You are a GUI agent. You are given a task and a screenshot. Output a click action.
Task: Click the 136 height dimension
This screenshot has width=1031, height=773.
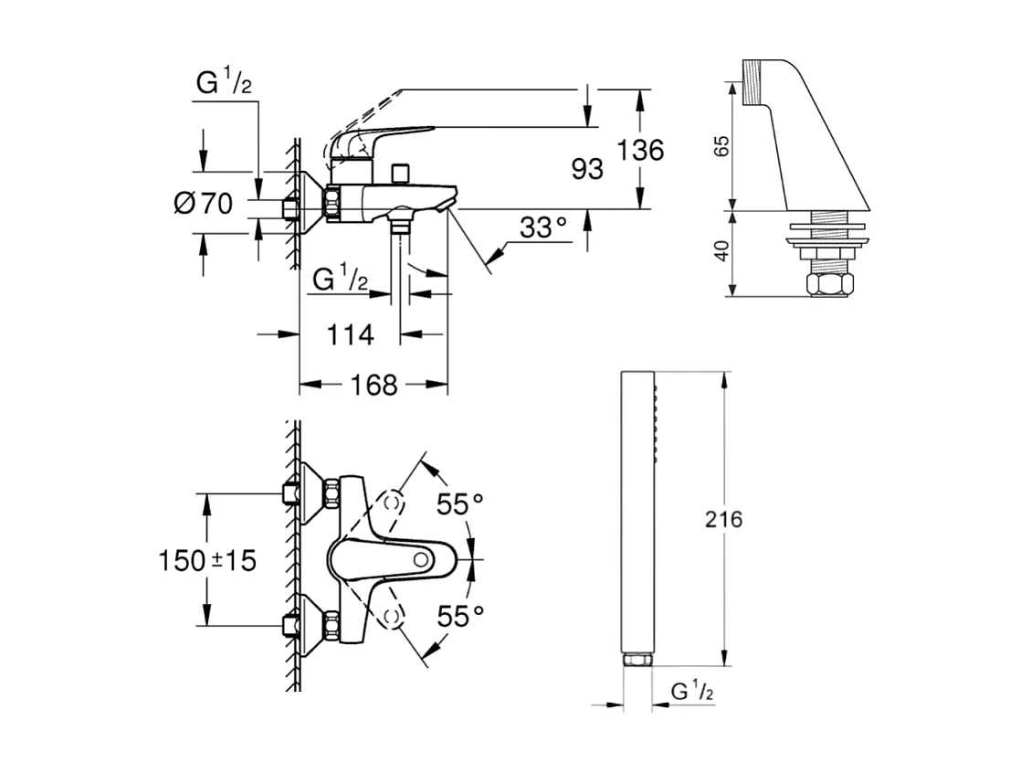639,149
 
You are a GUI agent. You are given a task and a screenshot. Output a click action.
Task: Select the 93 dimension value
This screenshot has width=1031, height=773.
584,168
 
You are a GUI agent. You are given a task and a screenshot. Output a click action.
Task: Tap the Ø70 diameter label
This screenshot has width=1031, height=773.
203,203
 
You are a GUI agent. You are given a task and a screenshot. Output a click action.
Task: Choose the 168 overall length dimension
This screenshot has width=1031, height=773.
373,386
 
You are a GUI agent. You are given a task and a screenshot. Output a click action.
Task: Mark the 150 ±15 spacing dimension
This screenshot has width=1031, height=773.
207,560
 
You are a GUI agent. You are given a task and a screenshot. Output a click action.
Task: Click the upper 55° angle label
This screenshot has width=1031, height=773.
459,503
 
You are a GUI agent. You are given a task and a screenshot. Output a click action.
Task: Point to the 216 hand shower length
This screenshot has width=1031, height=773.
724,520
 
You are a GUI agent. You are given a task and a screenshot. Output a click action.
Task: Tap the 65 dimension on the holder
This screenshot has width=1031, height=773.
720,145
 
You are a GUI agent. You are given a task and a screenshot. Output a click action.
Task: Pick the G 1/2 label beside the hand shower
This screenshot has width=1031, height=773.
691,692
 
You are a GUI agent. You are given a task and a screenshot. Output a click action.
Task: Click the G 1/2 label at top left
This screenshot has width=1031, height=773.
224,84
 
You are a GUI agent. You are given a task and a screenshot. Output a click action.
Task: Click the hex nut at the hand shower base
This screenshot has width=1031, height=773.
636,659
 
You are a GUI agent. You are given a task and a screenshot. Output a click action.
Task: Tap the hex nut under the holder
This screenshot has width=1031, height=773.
828,284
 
